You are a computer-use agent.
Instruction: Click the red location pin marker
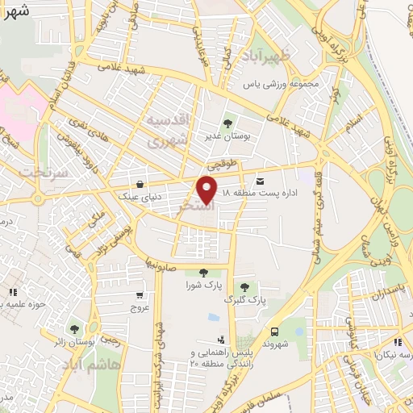coord(207,190)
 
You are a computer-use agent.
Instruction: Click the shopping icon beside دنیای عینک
coord(142,183)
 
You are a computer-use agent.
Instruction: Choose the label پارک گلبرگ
coord(246,300)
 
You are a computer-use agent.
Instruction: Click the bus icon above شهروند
coord(276,331)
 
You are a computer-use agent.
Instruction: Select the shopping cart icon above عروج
coord(140,295)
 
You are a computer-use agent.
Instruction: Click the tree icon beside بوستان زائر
coord(74,328)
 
